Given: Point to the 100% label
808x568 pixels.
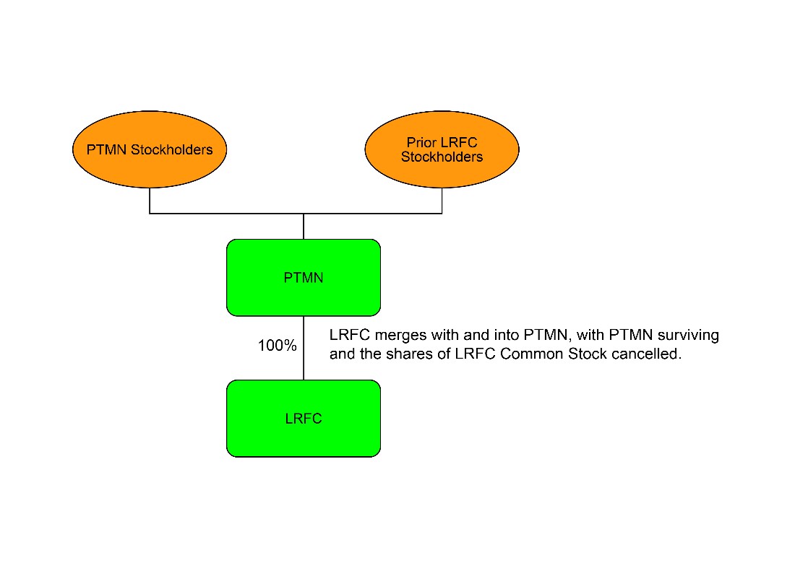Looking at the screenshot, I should pyautogui.click(x=278, y=346).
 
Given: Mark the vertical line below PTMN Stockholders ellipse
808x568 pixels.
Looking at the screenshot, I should pyautogui.click(x=150, y=201).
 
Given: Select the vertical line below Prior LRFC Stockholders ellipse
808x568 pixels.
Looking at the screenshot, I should pyautogui.click(x=442, y=201).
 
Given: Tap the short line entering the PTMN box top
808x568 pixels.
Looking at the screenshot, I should pyautogui.click(x=304, y=227).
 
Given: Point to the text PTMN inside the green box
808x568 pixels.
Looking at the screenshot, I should pyautogui.click(x=304, y=278).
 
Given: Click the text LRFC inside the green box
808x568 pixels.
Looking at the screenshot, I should pyautogui.click(x=304, y=419).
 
